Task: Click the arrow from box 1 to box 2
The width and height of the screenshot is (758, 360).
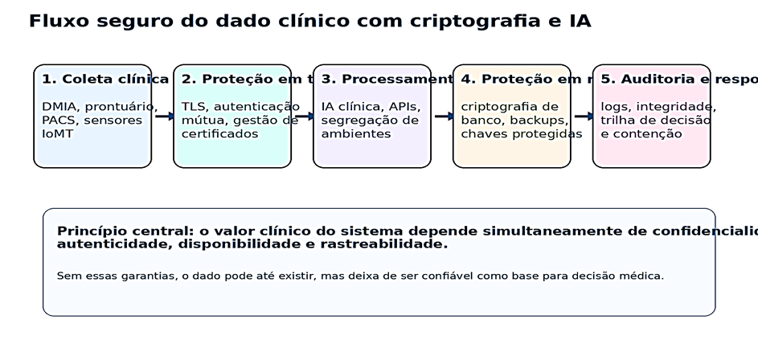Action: coord(164,117)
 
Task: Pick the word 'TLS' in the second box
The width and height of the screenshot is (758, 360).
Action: coord(193,106)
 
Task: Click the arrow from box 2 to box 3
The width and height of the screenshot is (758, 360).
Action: coord(304,117)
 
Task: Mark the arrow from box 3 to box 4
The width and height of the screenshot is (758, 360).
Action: coord(444,117)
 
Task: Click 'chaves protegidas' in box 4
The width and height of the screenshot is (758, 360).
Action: coord(522,133)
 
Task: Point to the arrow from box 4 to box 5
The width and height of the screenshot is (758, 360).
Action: coord(584,117)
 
